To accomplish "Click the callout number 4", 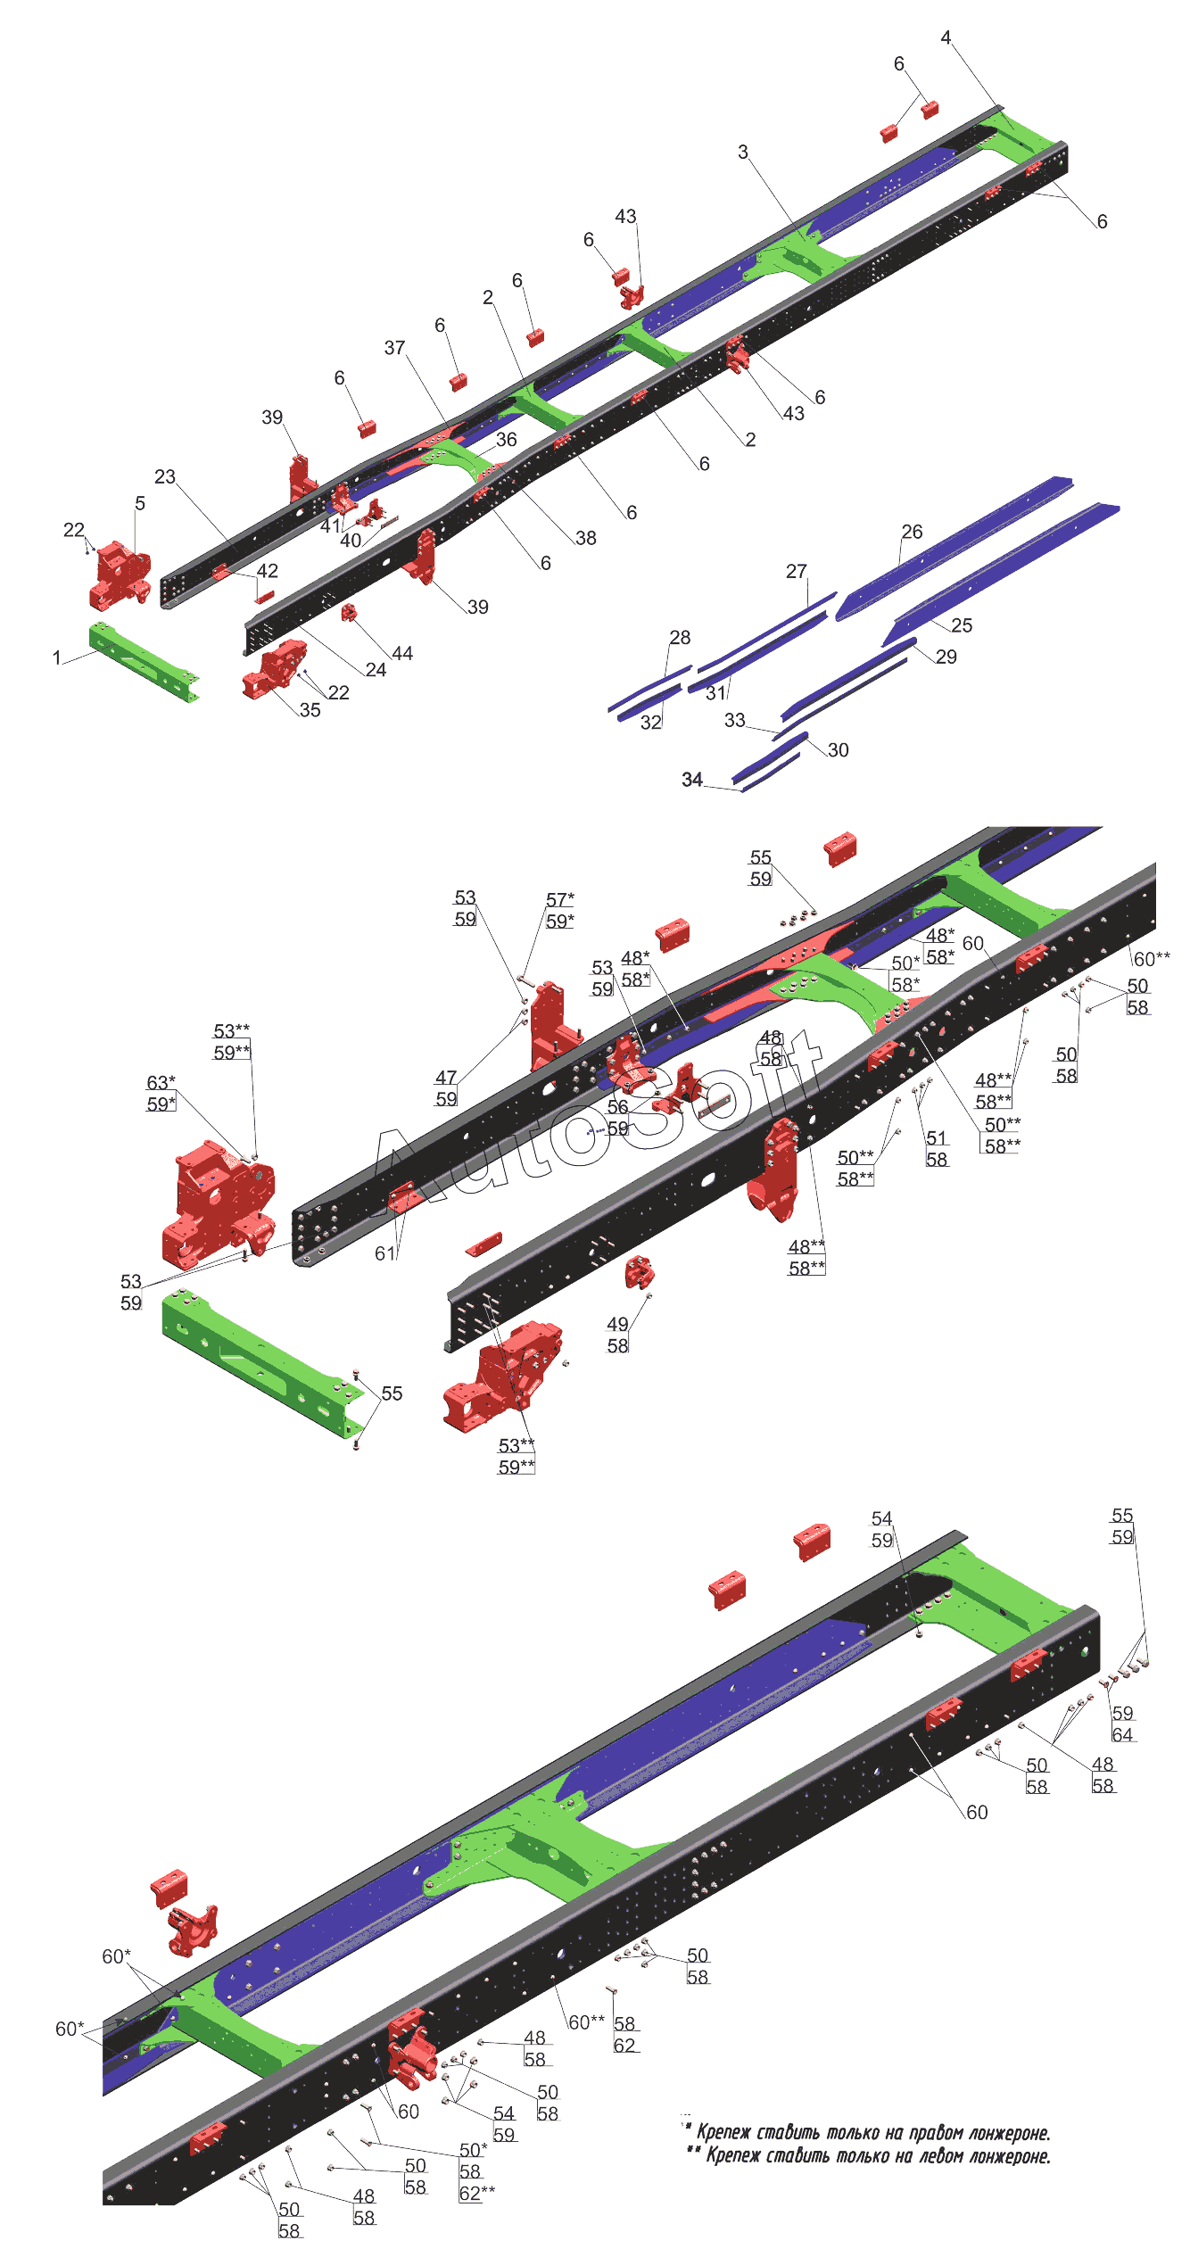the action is pyautogui.click(x=946, y=37).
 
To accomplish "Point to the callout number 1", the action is pyautogui.click(x=57, y=657).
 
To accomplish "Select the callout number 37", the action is pyautogui.click(x=394, y=348).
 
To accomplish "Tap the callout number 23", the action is pyautogui.click(x=165, y=476).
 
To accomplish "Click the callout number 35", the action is pyautogui.click(x=310, y=710).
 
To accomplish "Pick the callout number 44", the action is pyautogui.click(x=402, y=654).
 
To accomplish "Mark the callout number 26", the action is pyautogui.click(x=912, y=532).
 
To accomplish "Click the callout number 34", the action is pyautogui.click(x=692, y=780).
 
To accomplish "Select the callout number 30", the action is pyautogui.click(x=838, y=750).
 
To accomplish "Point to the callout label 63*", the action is pyautogui.click(x=161, y=1083).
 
